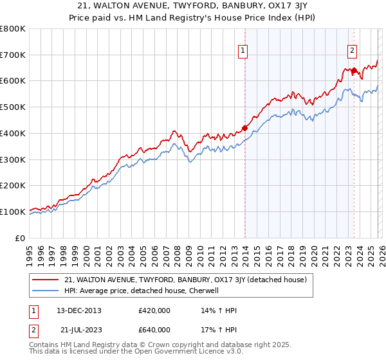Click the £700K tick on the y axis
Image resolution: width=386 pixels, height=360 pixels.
(13, 55)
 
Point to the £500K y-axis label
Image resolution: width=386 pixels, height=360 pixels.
(13, 107)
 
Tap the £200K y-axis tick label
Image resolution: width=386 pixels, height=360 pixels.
(13, 185)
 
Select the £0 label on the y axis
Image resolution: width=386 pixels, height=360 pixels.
(20, 238)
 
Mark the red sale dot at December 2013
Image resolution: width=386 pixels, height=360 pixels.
(244, 127)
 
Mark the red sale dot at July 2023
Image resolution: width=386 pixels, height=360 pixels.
(354, 70)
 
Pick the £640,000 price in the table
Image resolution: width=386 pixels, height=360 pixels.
(154, 330)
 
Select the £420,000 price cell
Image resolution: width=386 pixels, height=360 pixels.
(154, 310)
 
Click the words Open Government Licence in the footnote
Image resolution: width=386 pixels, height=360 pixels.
(167, 353)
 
